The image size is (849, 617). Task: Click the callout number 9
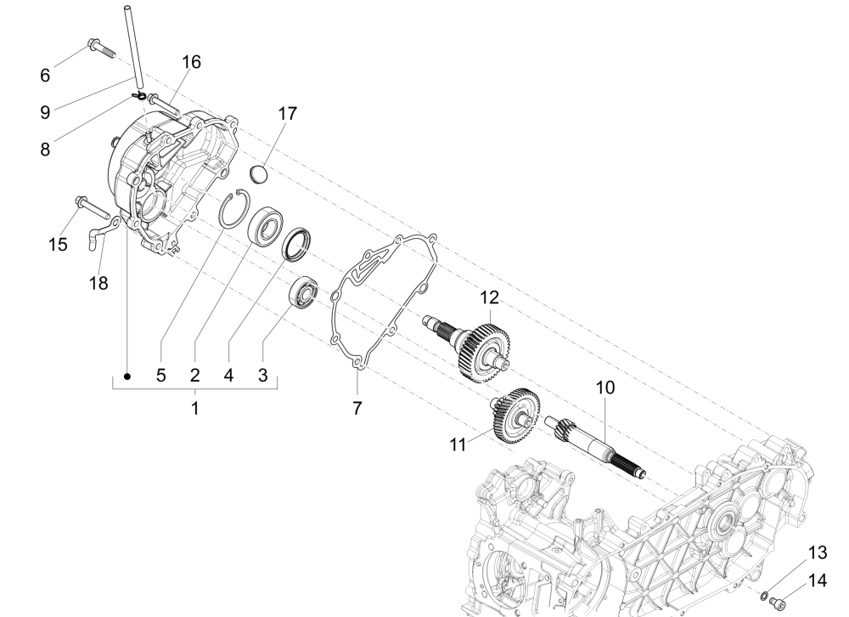point(45,110)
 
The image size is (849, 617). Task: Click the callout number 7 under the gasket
point(357,408)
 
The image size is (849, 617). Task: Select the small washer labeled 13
point(763,595)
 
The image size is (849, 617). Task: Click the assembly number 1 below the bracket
point(194,408)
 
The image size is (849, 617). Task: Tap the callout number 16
point(191,63)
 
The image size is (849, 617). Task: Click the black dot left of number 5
point(127,376)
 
